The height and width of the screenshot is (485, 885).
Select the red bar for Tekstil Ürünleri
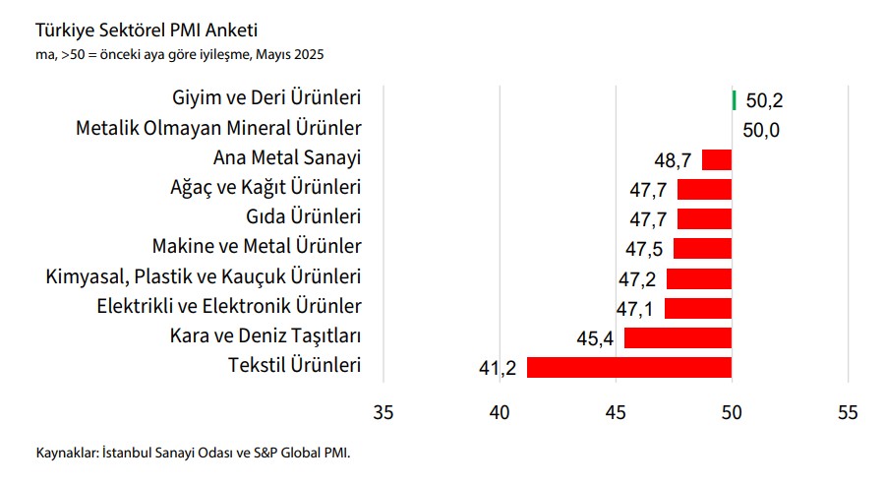(629, 367)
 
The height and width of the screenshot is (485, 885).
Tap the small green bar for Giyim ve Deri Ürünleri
(734, 100)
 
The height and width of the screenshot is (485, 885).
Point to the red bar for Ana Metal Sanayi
(717, 159)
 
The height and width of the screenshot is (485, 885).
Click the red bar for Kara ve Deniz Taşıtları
(678, 337)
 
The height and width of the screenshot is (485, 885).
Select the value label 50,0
(761, 130)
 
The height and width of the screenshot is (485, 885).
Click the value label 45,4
(596, 338)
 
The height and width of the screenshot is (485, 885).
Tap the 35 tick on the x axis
(383, 413)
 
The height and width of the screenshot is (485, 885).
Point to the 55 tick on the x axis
(848, 413)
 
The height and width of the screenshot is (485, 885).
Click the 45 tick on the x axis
(616, 413)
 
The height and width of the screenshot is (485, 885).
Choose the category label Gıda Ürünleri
(302, 216)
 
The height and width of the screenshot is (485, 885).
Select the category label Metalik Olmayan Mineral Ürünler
(218, 128)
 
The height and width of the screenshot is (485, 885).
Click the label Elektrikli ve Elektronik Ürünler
(229, 305)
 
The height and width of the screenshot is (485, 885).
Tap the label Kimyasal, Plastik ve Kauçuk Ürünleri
(204, 275)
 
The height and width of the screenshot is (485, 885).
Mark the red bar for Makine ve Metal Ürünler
(702, 248)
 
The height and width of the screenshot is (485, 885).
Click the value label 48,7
(673, 159)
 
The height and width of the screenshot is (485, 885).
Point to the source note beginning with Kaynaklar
(193, 454)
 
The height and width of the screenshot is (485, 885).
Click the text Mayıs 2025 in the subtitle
(289, 53)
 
